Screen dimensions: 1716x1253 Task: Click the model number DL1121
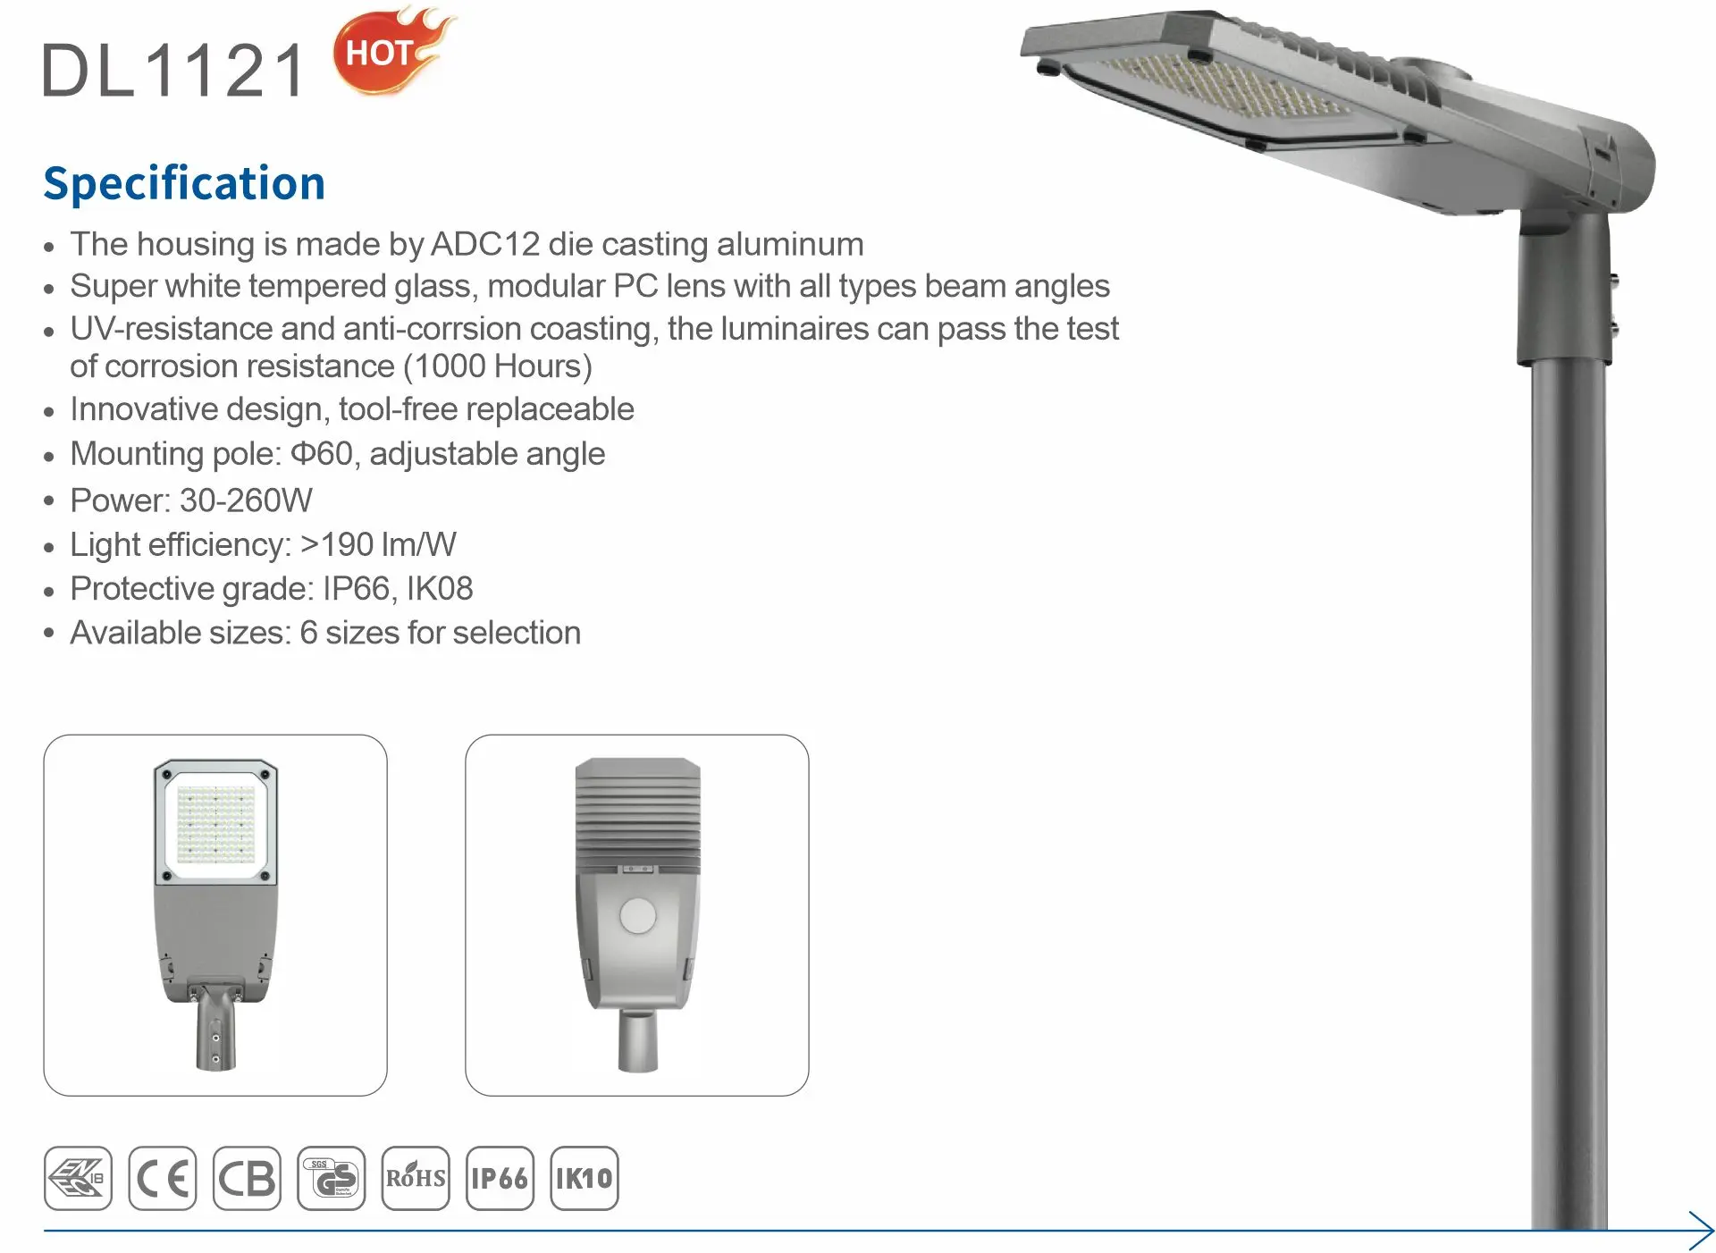174,70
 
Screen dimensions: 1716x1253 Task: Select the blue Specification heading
184,184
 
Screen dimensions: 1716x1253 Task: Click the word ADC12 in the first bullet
485,244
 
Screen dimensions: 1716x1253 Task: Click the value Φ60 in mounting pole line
322,454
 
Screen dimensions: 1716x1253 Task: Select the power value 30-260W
246,500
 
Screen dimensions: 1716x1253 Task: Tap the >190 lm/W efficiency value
378,544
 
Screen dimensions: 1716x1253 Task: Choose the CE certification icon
162,1178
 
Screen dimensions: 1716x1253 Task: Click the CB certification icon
247,1178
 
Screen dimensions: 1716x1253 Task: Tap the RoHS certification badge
416,1178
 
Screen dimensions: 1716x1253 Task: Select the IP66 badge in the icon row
500,1178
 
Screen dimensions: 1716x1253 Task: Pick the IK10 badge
585,1178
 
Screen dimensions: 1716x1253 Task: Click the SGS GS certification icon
332,1178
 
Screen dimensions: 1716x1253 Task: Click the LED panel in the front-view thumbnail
216,824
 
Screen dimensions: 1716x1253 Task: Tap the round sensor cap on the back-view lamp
637,916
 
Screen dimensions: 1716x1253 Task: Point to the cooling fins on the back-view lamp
637,813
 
